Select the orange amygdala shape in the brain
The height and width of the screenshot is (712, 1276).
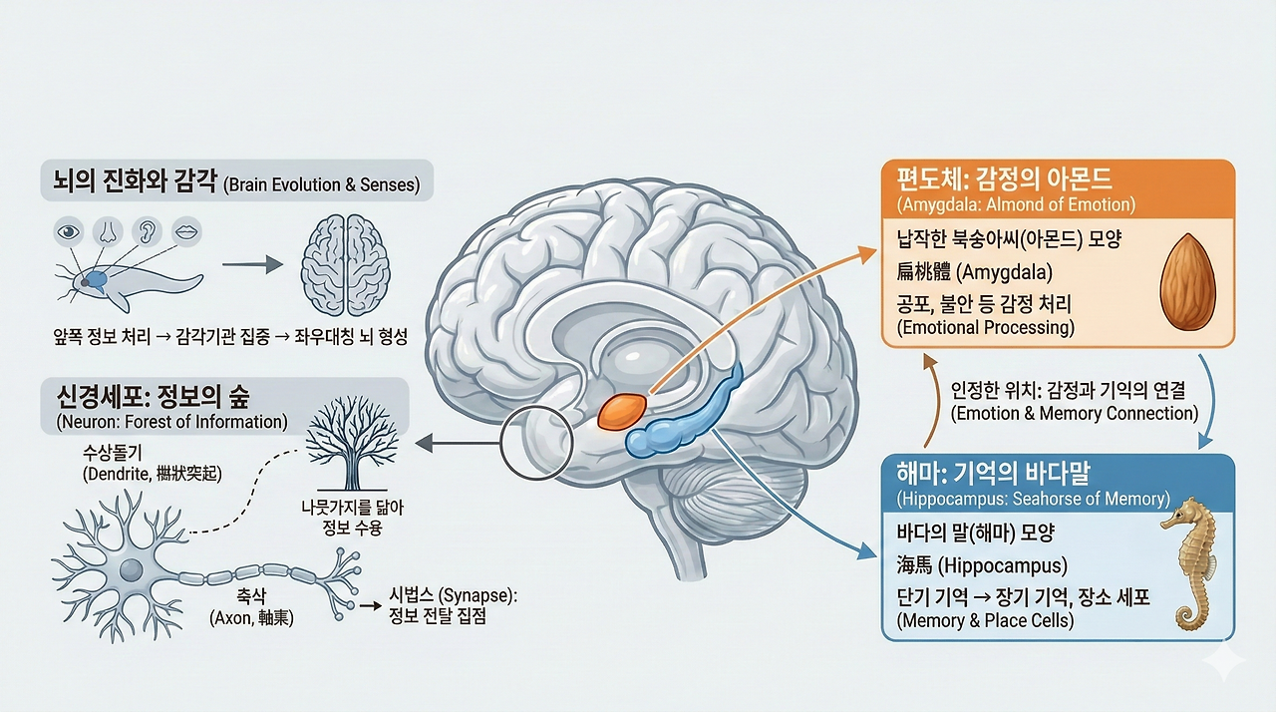(x=621, y=410)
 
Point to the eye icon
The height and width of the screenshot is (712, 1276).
(x=68, y=231)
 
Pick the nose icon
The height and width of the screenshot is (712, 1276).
(x=107, y=231)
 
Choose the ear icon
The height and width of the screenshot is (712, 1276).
(x=146, y=231)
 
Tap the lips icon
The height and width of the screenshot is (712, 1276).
(x=185, y=231)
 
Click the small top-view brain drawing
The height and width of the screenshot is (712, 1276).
(x=345, y=264)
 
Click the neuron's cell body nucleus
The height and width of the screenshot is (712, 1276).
(x=131, y=571)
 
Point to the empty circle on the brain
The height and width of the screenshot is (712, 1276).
(x=536, y=445)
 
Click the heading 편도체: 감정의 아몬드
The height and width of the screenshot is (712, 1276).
(x=1004, y=180)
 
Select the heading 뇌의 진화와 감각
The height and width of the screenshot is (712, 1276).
(x=129, y=182)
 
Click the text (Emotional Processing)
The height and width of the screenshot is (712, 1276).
(x=986, y=326)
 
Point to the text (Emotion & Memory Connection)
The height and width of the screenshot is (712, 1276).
(x=1075, y=413)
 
